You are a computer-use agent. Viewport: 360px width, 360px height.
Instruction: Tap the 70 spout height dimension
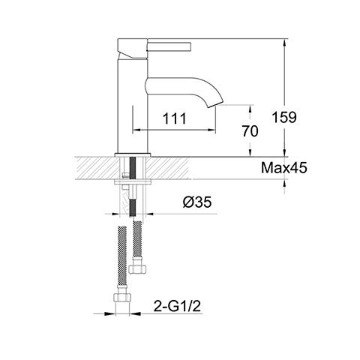tap(250, 130)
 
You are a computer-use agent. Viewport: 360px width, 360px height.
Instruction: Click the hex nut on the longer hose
tap(121, 303)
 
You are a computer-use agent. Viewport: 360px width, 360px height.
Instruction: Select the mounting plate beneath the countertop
tap(133, 181)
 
